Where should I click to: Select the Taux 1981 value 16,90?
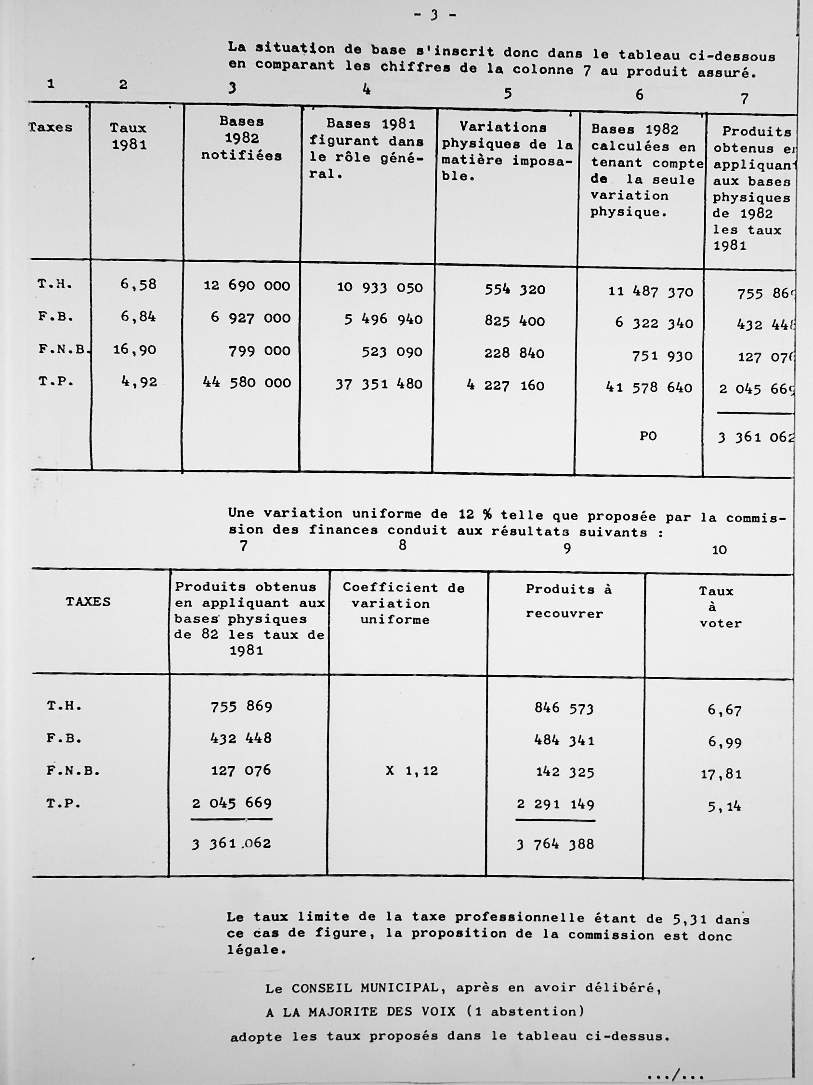[134, 350]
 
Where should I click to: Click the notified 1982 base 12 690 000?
[247, 285]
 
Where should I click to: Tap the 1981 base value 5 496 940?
[383, 319]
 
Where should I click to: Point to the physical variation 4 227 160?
[506, 385]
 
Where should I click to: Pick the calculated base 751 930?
[662, 356]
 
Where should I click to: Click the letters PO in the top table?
[648, 436]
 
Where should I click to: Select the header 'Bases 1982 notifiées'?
[242, 138]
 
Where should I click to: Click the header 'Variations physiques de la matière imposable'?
[506, 151]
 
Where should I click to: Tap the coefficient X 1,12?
[412, 771]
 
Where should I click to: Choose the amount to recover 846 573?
[564, 708]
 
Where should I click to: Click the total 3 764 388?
[555, 844]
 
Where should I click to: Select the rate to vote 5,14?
[724, 806]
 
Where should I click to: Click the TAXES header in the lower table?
[88, 602]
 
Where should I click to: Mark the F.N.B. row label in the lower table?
[73, 771]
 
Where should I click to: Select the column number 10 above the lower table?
[719, 550]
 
